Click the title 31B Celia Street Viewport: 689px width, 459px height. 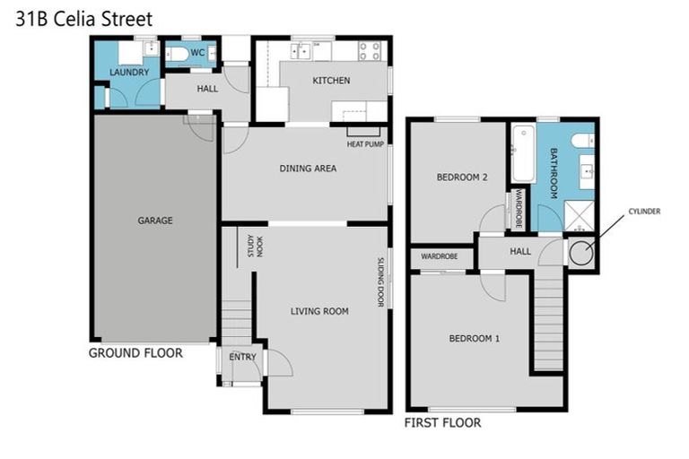pyautogui.click(x=84, y=18)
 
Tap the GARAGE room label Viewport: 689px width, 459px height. pyautogui.click(x=154, y=220)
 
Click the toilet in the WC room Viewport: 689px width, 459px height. pyautogui.click(x=178, y=56)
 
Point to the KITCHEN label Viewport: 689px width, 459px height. pyautogui.click(x=330, y=81)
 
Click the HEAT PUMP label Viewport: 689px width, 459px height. pyautogui.click(x=365, y=143)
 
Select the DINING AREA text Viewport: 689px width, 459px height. pyautogui.click(x=308, y=168)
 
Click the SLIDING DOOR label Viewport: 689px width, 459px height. pyautogui.click(x=381, y=281)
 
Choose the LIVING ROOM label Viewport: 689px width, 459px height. pyautogui.click(x=318, y=311)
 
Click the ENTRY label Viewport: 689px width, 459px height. pyautogui.click(x=242, y=357)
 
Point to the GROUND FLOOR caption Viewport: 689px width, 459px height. pyautogui.click(x=135, y=352)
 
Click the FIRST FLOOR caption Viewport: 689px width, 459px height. pyautogui.click(x=442, y=422)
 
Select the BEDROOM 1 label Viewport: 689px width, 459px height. pyautogui.click(x=475, y=338)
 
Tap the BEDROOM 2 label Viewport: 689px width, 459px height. pyautogui.click(x=461, y=178)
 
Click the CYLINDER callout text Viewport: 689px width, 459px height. pyautogui.click(x=644, y=212)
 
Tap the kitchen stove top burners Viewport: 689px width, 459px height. pyautogui.click(x=371, y=50)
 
